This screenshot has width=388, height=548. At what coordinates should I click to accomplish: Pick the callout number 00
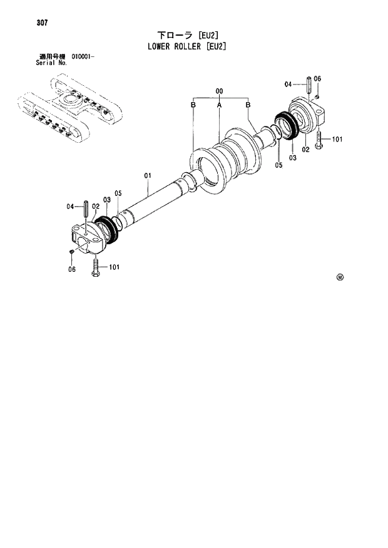point(220,92)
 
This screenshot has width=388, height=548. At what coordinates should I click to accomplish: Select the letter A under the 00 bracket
point(220,106)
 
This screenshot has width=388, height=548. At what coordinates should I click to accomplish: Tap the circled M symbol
point(340,277)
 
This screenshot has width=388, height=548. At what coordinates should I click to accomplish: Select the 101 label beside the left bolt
point(114,267)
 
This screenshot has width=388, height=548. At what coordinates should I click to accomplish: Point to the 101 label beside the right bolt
point(337,139)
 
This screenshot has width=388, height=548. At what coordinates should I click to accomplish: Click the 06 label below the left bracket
point(71,269)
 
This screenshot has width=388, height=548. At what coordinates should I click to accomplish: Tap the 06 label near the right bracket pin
point(318,78)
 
